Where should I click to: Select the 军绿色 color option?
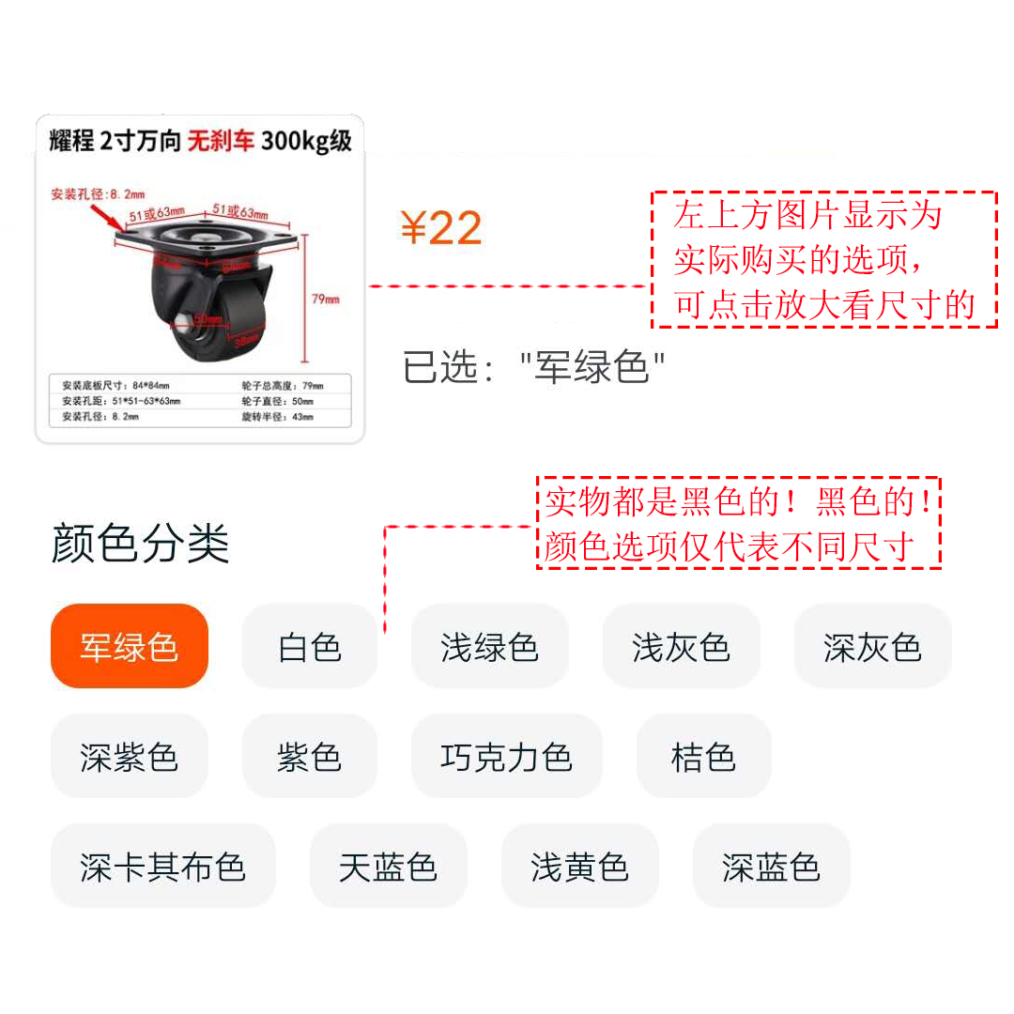[129, 647]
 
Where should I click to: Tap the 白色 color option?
[309, 647]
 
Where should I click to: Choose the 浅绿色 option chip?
[489, 647]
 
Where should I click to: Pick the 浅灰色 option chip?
[681, 647]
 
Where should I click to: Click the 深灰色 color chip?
[872, 647]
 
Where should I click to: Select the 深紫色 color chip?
[129, 757]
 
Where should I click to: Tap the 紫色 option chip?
[309, 757]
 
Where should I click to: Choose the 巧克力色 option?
[506, 757]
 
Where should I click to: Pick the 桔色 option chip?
[703, 757]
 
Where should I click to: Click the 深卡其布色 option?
[162, 867]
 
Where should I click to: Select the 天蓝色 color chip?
[388, 867]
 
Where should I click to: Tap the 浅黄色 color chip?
[579, 867]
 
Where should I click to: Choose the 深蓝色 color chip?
[771, 867]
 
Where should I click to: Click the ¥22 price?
[440, 228]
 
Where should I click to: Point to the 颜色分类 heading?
[140, 544]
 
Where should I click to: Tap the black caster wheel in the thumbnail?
[211, 310]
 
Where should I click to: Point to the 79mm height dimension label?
[325, 300]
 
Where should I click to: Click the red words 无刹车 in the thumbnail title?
[221, 142]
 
